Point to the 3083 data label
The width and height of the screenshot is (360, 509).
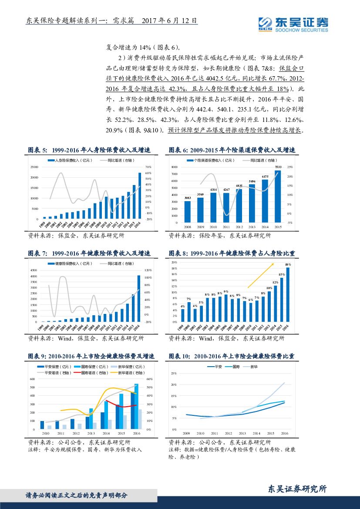(188, 198)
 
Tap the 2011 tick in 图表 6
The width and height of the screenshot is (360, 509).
(226, 227)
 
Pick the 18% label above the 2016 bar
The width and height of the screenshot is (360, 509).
(288, 264)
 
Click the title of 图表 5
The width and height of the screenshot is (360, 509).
(89, 150)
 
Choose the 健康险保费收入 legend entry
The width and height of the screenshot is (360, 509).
(70, 264)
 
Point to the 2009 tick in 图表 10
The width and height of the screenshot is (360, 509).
(186, 434)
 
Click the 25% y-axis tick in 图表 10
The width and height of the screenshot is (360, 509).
(174, 374)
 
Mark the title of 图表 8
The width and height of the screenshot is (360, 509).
(232, 253)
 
